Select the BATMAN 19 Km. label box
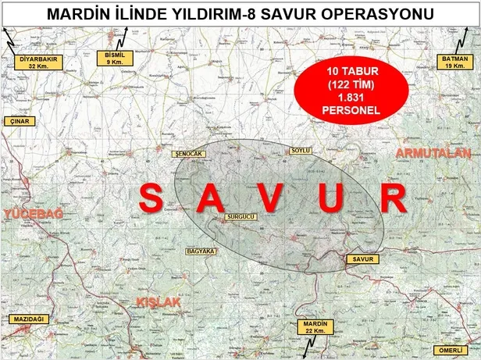[x=453, y=62]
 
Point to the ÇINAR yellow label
[x=18, y=123]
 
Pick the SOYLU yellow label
[x=300, y=149]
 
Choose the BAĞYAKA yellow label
[x=201, y=251]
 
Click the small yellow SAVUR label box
[x=364, y=258]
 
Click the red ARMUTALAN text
[x=434, y=154]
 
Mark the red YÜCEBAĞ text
[x=31, y=214]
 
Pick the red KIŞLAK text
[x=159, y=301]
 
